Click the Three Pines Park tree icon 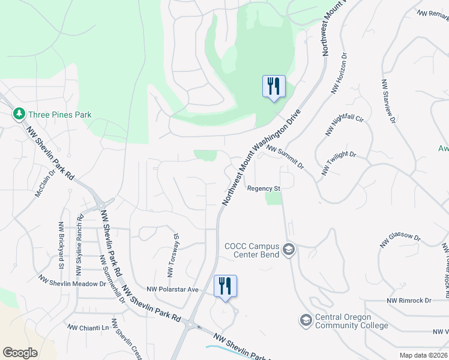[19, 113]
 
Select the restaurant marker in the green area [274, 86]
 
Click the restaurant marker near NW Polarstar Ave [226, 286]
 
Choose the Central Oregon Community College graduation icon [306, 320]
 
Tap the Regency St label [264, 188]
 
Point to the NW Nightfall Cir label [344, 123]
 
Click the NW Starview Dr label [388, 101]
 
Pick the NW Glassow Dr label [400, 240]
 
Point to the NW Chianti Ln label [88, 328]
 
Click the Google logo [20, 353]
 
